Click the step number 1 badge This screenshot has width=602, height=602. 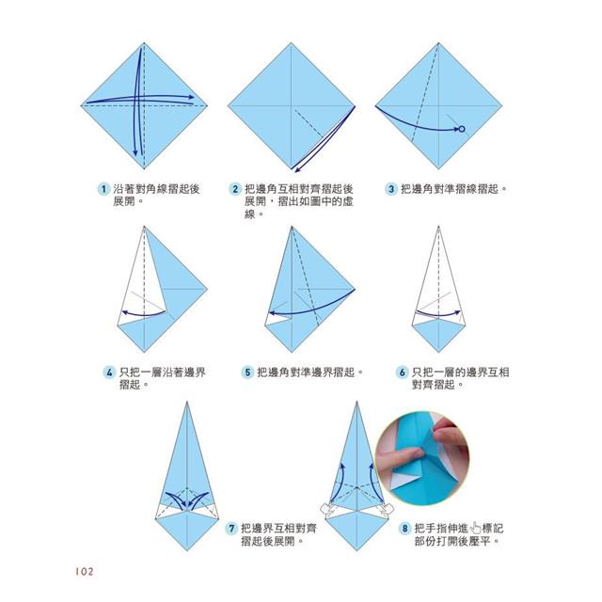click(x=103, y=189)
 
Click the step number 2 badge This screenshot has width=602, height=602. click(x=235, y=189)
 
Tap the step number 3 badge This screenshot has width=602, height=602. click(x=391, y=189)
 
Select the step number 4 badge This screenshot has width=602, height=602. click(x=109, y=372)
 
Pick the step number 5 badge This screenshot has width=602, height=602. click(x=247, y=372)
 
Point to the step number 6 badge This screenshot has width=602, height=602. click(x=402, y=372)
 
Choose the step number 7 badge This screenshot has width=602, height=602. click(x=231, y=529)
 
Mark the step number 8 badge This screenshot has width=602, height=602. click(x=404, y=529)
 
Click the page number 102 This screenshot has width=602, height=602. click(x=85, y=572)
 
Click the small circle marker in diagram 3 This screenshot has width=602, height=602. click(x=462, y=130)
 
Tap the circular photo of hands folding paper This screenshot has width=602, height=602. click(x=422, y=458)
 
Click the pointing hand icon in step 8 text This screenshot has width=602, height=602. click(x=475, y=528)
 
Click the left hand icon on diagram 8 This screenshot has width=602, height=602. click(x=327, y=509)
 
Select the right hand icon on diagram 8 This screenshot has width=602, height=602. click(x=386, y=509)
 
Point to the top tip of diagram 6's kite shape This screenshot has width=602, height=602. click(x=438, y=227)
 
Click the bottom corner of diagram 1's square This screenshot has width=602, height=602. click(x=144, y=169)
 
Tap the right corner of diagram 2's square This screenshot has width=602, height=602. click(x=355, y=106)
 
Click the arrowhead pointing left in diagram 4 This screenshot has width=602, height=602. click(x=124, y=311)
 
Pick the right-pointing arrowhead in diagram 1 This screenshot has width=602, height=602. click(x=191, y=98)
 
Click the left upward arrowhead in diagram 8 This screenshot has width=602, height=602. click(x=342, y=467)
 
